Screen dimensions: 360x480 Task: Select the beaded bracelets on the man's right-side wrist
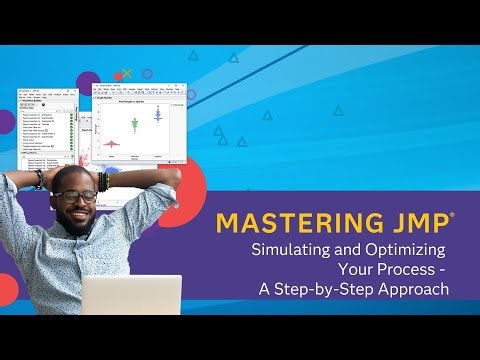click(103, 182)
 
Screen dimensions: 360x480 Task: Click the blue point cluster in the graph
click(157, 113)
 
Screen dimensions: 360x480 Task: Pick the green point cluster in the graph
click(134, 124)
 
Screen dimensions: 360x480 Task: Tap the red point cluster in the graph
click(111, 143)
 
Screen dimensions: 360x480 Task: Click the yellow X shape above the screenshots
click(125, 74)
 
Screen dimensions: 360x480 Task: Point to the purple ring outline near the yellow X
click(146, 74)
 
